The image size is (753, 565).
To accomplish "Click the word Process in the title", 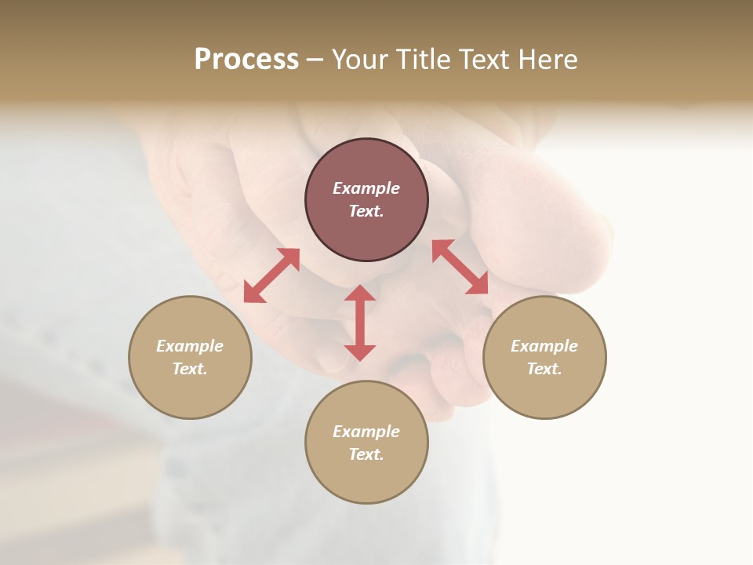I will coord(246,60).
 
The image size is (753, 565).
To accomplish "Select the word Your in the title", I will coord(358,60).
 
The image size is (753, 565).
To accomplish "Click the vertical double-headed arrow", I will coord(360,323).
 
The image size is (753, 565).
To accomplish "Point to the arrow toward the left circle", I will coord(271,275).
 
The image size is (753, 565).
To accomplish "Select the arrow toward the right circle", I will coord(460,267).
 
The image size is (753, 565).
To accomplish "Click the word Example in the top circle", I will coord(366,188).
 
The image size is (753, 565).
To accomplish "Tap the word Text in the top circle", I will coord(366,211).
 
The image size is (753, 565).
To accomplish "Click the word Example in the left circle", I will coord(190,346).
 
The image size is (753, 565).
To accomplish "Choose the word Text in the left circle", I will coord(190,369).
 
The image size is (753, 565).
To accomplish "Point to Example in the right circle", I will coord(544,346).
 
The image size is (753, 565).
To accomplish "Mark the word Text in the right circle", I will coord(544,369).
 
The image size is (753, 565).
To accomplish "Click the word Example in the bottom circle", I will coord(366,432).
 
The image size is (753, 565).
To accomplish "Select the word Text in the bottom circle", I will coord(366,454).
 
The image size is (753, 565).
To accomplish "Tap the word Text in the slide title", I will coord(481,60).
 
